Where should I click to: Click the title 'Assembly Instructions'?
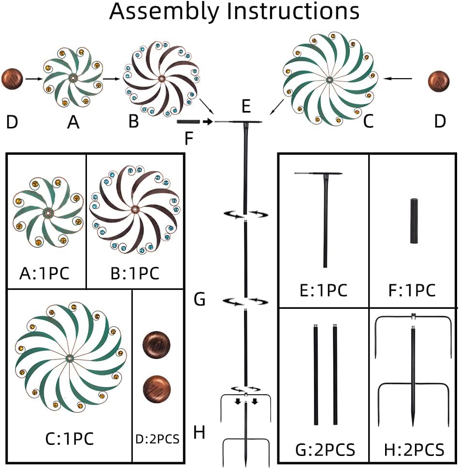234,12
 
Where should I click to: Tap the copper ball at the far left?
13,78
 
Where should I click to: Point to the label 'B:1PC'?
134,273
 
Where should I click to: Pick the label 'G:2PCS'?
325,450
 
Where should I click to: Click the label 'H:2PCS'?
414,450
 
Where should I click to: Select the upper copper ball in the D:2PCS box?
157,345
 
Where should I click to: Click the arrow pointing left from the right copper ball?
401,79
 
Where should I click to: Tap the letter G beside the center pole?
200,300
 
